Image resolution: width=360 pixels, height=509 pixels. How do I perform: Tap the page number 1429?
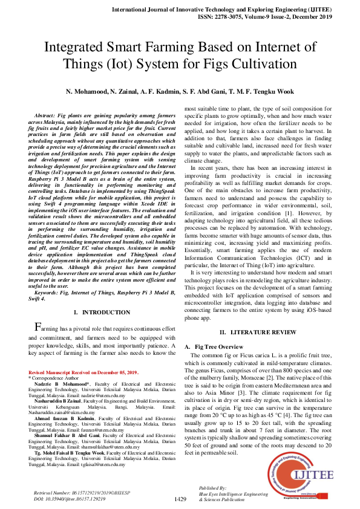pos(180,499)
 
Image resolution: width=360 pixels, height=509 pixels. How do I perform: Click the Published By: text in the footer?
pos(212,487)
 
